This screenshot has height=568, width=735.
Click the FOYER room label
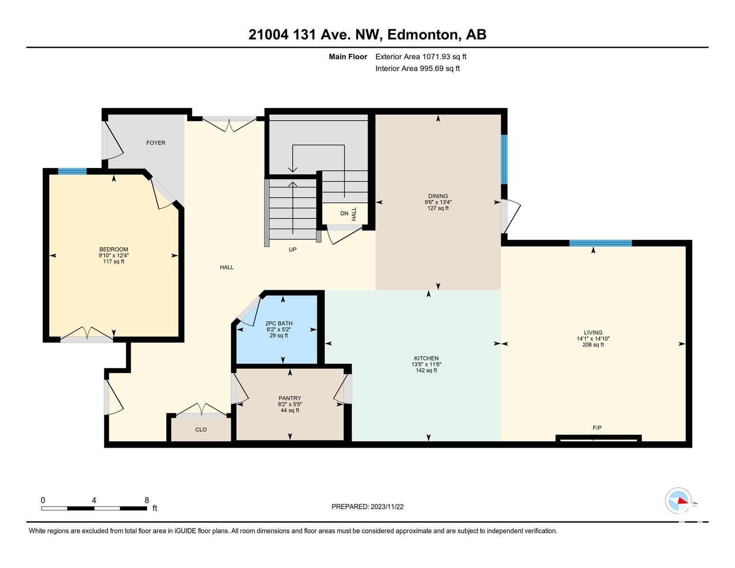click(x=156, y=143)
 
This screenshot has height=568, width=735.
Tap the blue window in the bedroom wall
click(x=72, y=171)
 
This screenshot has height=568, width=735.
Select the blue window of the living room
click(x=601, y=243)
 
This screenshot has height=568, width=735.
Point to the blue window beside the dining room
click(x=504, y=159)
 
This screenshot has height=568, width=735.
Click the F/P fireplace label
click(x=597, y=428)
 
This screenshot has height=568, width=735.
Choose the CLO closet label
click(x=201, y=429)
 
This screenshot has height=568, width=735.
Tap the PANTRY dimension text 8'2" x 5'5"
click(x=290, y=404)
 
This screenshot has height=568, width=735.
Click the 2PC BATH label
click(x=279, y=323)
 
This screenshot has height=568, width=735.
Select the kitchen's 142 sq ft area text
click(x=426, y=370)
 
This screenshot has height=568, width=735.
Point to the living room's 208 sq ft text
click(x=593, y=345)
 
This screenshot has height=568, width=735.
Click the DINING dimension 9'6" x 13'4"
click(x=438, y=202)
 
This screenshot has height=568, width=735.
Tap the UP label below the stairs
click(x=293, y=250)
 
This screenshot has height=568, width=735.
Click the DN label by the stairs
click(x=344, y=213)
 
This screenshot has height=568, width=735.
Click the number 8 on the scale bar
click(x=147, y=500)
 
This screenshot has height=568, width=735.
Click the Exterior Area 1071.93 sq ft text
click(x=421, y=57)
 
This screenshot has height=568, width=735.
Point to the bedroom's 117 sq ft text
click(x=114, y=262)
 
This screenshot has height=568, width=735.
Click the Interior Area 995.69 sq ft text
click(x=417, y=69)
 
